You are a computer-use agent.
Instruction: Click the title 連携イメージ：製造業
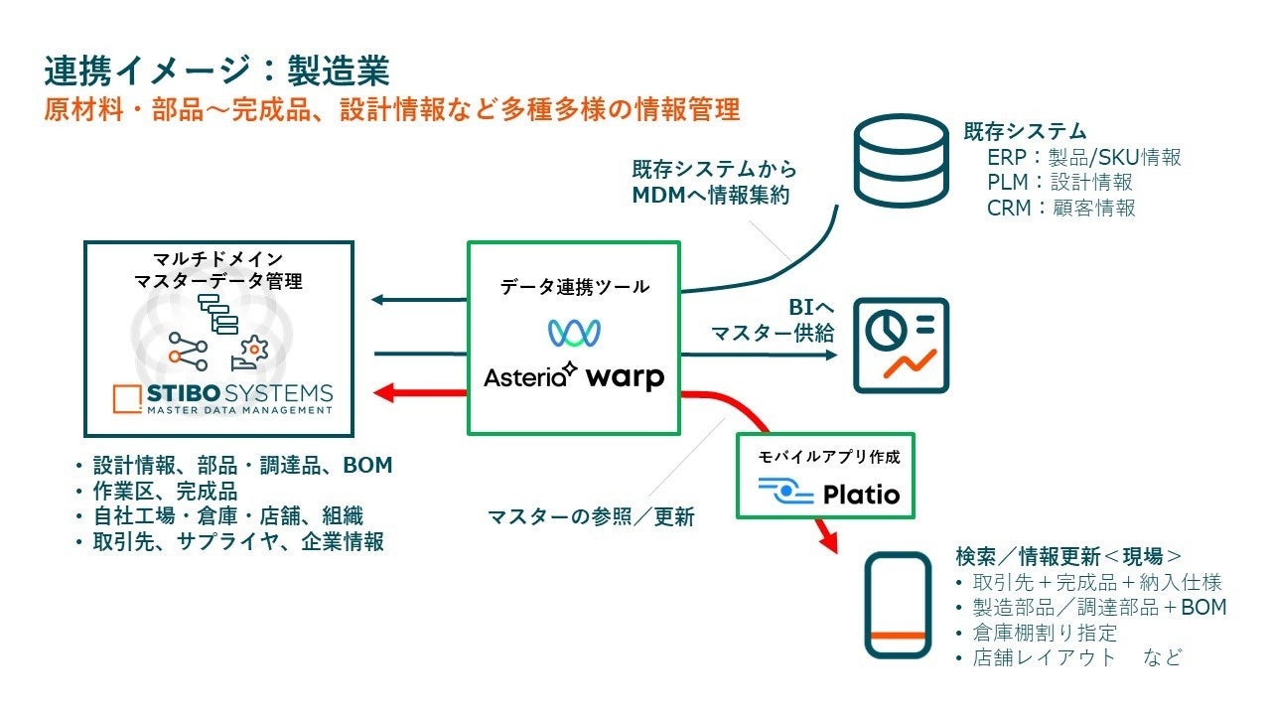216,71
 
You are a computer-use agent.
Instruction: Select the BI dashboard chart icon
902,345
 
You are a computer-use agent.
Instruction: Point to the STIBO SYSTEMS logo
223,397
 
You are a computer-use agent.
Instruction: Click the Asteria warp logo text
574,376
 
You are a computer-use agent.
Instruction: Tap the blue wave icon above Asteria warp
575,332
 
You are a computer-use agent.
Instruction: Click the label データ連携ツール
574,287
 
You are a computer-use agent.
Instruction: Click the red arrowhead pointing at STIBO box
385,393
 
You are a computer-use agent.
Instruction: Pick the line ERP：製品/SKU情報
1083,157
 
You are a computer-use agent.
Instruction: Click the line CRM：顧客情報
1060,208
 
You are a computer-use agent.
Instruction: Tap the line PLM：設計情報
1059,183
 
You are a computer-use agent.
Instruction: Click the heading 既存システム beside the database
1025,131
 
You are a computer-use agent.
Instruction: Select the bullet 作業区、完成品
165,491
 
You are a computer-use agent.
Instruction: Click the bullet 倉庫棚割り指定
1045,633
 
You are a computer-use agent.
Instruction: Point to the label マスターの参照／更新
590,517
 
